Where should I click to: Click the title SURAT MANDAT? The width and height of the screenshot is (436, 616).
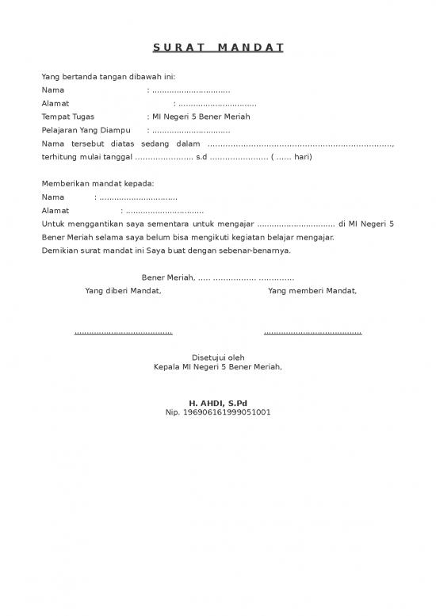click(x=217, y=48)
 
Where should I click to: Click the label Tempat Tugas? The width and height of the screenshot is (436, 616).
click(x=67, y=117)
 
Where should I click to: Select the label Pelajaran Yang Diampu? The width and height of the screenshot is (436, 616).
click(x=86, y=130)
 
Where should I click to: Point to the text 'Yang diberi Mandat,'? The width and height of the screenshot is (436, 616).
click(x=123, y=291)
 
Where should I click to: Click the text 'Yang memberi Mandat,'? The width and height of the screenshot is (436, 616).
click(x=312, y=291)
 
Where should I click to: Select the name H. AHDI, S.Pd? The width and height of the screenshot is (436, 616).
click(x=217, y=403)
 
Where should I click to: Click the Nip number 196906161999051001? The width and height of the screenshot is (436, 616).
click(x=217, y=412)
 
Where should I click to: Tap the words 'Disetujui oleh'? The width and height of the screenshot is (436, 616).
click(x=218, y=358)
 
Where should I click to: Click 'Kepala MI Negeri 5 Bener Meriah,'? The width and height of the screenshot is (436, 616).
click(x=217, y=367)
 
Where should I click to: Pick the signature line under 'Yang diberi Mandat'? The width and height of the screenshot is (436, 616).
click(x=123, y=332)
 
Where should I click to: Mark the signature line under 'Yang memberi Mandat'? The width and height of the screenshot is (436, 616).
click(x=312, y=332)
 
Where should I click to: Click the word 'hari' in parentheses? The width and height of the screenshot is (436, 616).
click(x=301, y=157)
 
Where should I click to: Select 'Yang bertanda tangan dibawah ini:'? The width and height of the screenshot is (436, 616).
click(x=109, y=77)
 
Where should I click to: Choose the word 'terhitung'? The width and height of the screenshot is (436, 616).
click(x=59, y=157)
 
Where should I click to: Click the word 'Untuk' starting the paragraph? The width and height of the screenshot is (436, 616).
click(x=53, y=224)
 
